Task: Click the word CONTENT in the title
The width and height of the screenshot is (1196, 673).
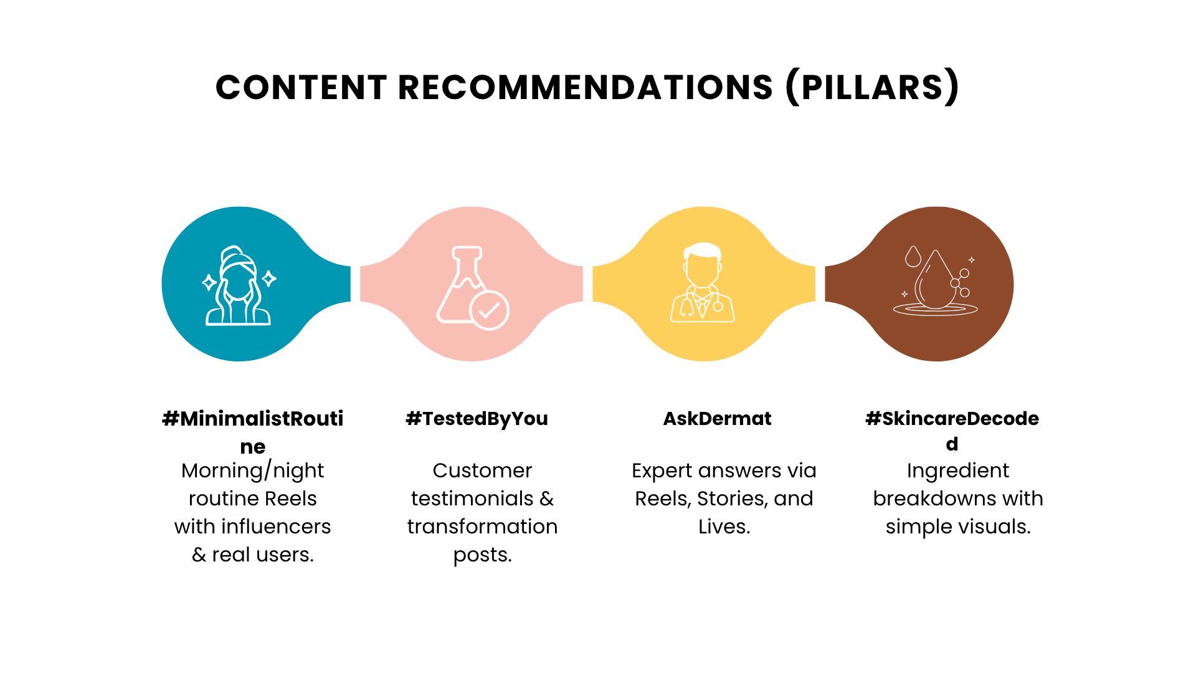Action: pyautogui.click(x=301, y=87)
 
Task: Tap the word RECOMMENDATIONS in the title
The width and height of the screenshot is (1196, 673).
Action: pyautogui.click(x=586, y=87)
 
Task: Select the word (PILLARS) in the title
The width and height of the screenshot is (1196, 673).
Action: pyautogui.click(x=873, y=87)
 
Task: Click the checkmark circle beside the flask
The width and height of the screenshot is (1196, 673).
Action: pyautogui.click(x=490, y=310)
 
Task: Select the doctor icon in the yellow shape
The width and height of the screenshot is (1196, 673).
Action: pyautogui.click(x=703, y=282)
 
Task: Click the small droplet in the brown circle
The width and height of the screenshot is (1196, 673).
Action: pyautogui.click(x=913, y=256)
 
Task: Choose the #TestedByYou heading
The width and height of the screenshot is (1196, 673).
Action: pyautogui.click(x=477, y=419)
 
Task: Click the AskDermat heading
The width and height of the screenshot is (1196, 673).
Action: pyautogui.click(x=717, y=419)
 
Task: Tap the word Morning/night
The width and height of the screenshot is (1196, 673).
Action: pyautogui.click(x=253, y=470)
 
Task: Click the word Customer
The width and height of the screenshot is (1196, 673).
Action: pyautogui.click(x=482, y=470)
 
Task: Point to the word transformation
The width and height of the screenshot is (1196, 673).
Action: pyautogui.click(x=482, y=527)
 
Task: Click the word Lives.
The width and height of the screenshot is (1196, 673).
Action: pyautogui.click(x=724, y=527)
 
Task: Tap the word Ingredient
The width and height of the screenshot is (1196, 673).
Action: pyautogui.click(x=958, y=471)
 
